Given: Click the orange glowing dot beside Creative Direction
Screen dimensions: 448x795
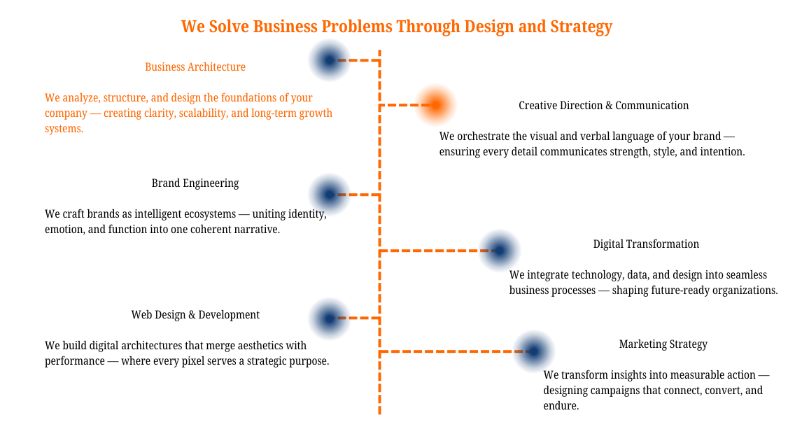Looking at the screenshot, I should click(435, 105).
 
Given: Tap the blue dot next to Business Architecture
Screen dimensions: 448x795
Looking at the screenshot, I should click(329, 60).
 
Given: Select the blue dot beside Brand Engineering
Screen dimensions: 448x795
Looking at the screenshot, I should click(329, 194).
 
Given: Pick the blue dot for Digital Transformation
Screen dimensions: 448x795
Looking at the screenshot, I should click(500, 250).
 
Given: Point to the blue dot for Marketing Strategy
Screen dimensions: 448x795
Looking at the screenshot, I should click(534, 351).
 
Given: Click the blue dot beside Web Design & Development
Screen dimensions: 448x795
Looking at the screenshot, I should click(329, 318).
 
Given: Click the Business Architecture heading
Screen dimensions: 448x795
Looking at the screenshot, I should click(195, 67).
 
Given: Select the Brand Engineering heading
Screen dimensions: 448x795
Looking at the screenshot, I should click(195, 183).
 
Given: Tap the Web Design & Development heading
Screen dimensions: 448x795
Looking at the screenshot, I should click(195, 315).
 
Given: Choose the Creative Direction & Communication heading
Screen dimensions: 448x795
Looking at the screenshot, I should click(603, 106).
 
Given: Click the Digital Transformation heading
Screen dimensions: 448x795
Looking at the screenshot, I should click(646, 244).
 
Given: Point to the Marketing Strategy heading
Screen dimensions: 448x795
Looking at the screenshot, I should click(663, 344).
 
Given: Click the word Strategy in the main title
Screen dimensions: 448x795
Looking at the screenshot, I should click(581, 27).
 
